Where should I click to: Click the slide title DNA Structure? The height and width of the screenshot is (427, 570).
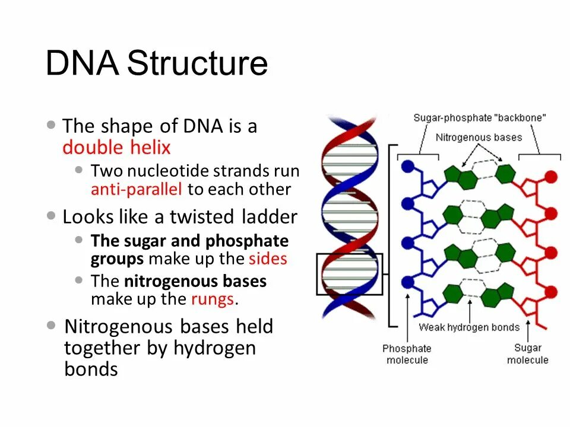pyautogui.click(x=157, y=63)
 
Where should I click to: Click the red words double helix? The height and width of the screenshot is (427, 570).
pyautogui.click(x=116, y=148)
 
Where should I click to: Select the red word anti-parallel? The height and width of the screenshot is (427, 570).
pyautogui.click(x=137, y=190)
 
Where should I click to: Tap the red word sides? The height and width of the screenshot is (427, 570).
pyautogui.click(x=268, y=259)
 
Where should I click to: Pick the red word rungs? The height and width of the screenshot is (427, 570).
pyautogui.click(x=212, y=299)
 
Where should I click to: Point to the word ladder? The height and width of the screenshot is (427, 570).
pyautogui.click(x=269, y=217)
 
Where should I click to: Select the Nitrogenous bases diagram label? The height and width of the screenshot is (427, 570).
pyautogui.click(x=479, y=137)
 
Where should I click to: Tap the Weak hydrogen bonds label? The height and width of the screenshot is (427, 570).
pyautogui.click(x=469, y=327)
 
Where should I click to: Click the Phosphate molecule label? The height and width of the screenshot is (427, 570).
pyautogui.click(x=407, y=354)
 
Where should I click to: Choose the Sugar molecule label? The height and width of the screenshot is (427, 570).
pyautogui.click(x=527, y=354)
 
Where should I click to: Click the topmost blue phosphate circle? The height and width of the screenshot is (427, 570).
pyautogui.click(x=407, y=167)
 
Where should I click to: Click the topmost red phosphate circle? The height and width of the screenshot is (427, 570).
pyautogui.click(x=551, y=176)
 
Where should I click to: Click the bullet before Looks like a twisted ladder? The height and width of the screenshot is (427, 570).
pyautogui.click(x=52, y=216)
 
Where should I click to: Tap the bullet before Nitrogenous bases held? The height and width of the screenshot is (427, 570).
pyautogui.click(x=52, y=326)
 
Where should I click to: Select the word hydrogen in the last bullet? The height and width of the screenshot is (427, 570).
pyautogui.click(x=214, y=348)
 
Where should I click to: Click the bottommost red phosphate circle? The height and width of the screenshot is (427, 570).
pyautogui.click(x=551, y=291)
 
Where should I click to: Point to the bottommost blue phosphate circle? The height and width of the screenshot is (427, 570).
pyautogui.click(x=407, y=282)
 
